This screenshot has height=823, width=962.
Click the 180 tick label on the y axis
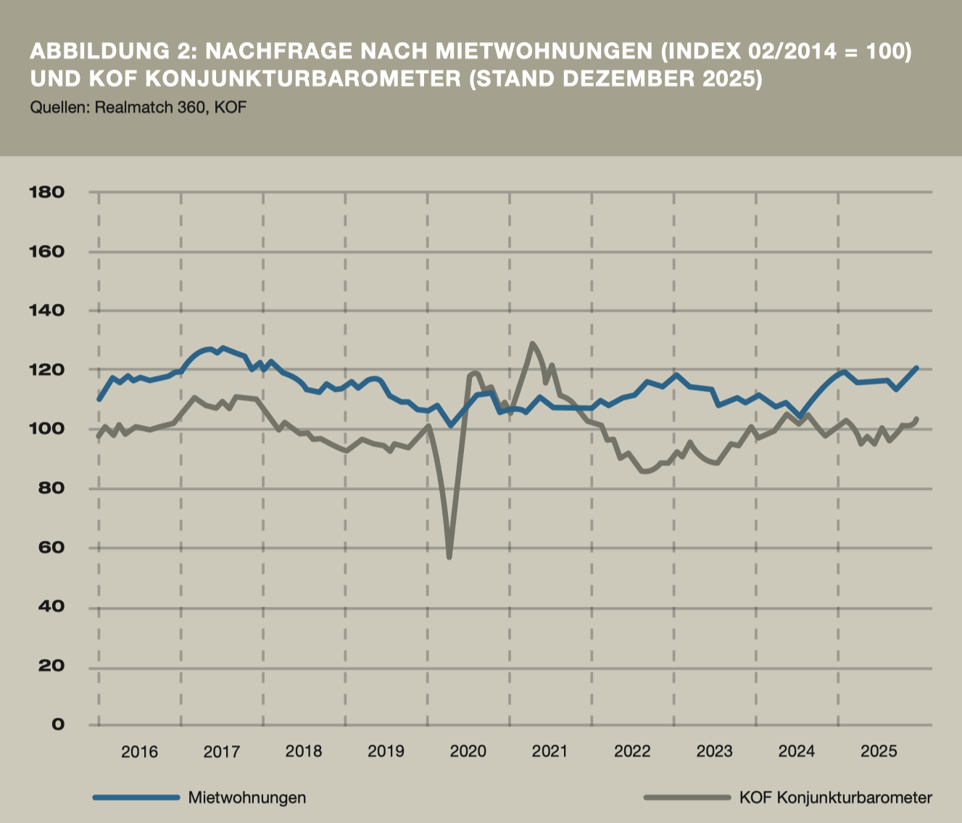47,192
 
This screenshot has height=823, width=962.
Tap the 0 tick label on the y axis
57,724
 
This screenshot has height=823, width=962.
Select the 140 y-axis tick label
47,310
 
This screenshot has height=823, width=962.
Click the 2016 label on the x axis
139,751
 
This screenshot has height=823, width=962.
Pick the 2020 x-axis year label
468,751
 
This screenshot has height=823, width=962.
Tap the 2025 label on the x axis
879,751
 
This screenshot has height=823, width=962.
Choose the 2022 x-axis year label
632,751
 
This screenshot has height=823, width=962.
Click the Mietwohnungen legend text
246,798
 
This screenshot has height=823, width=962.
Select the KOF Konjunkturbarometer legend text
835,798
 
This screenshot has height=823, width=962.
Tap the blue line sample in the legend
136,798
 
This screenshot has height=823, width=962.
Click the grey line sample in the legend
687,798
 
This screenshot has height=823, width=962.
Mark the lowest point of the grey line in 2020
449,557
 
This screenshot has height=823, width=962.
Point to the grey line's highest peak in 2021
532,344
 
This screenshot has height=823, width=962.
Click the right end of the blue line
917,368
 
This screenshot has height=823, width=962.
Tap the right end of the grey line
917,418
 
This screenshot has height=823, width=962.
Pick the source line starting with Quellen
138,107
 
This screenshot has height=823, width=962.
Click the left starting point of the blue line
99,400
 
